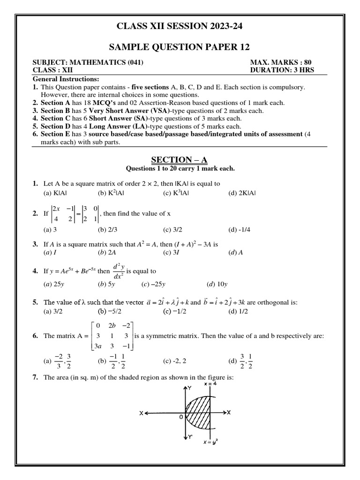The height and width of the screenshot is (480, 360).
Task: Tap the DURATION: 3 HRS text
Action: [x=282, y=70]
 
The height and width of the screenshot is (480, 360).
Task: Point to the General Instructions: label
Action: [x=65, y=79]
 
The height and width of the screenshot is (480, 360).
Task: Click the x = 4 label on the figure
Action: [x=212, y=384]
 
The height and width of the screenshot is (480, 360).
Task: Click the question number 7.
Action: [x=35, y=377]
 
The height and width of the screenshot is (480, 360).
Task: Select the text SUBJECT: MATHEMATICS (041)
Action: [x=88, y=62]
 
